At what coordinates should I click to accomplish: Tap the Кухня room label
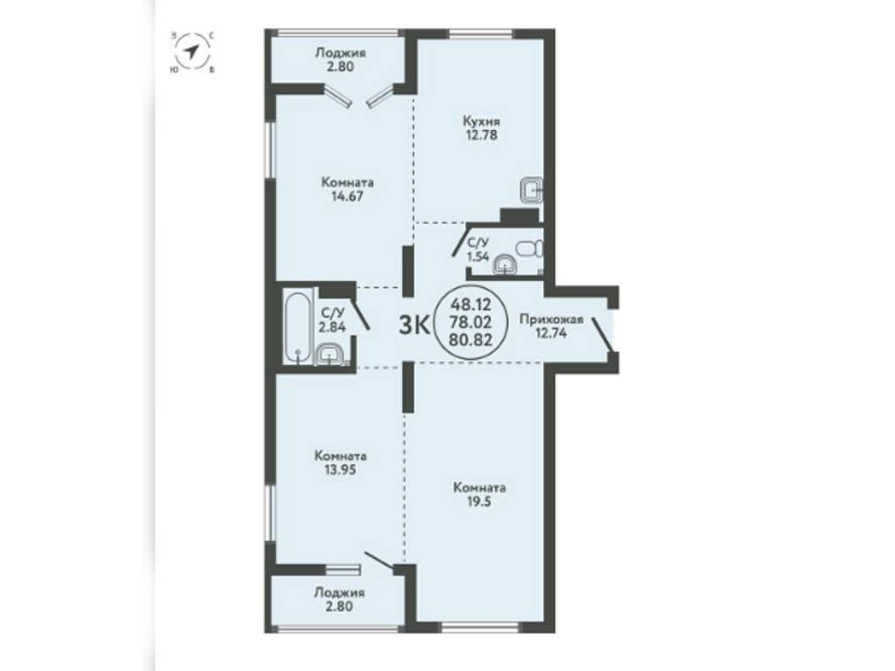click(482, 121)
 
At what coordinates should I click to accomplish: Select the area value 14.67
click(347, 196)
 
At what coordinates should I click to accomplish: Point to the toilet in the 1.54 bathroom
click(530, 248)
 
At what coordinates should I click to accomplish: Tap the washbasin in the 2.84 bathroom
click(329, 354)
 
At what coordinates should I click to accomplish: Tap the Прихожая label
click(551, 320)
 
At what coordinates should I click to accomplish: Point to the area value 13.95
click(341, 470)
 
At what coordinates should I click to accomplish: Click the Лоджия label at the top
click(341, 53)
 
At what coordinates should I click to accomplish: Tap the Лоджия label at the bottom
click(339, 593)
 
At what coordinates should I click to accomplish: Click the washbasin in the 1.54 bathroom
click(506, 265)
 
